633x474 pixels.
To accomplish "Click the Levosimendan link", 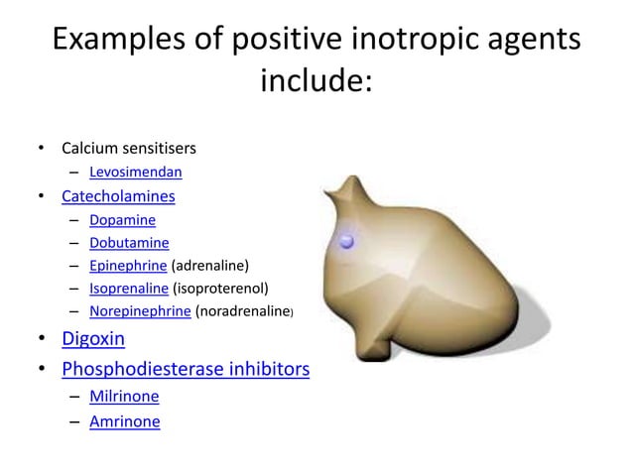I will tap(135, 173).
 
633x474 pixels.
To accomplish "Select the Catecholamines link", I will tap(118, 196).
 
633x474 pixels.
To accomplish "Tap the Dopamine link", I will tap(122, 220).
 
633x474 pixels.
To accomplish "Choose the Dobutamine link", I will tap(129, 243).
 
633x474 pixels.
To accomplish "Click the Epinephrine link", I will tap(129, 266).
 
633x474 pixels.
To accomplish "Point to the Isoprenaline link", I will tap(129, 290).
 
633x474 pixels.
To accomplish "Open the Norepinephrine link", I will tap(140, 312).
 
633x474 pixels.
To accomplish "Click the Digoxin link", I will tap(93, 339).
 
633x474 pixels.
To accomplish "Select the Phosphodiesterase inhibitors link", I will tap(186, 370).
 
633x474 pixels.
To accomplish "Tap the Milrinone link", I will tap(124, 397).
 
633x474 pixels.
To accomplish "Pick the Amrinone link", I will tap(124, 421).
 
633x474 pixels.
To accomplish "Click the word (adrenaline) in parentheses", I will tap(210, 266).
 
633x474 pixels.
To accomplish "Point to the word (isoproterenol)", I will tap(220, 290).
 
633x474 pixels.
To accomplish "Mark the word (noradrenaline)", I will tap(244, 312).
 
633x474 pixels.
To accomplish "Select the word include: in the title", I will tap(316, 81).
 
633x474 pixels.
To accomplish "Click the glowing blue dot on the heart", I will tap(347, 241).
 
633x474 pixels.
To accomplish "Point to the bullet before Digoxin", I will tap(43, 340).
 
